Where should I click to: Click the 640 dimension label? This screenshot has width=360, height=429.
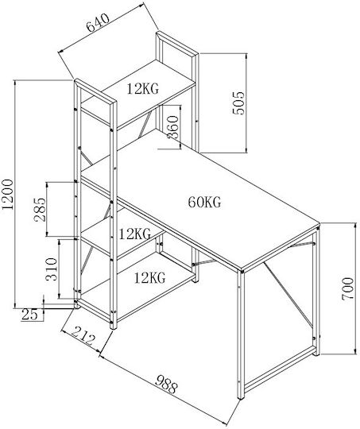[x=98, y=23]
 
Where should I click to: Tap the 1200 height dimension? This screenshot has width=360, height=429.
[x=7, y=195]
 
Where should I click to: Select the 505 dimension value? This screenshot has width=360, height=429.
[x=238, y=102]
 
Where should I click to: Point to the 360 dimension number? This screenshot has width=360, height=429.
[x=172, y=127]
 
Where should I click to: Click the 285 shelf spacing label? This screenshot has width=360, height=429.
[x=40, y=209]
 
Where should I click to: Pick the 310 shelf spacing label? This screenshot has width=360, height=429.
[x=52, y=269]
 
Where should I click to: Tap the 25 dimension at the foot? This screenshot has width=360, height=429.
[x=29, y=315]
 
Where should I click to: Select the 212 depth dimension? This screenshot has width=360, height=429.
[x=83, y=335]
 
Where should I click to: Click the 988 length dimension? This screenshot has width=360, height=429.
[x=166, y=384]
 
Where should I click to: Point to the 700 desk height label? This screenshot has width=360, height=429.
[x=347, y=288]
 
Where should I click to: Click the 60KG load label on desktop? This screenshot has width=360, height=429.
[x=204, y=203]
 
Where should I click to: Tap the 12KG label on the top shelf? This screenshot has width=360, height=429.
[x=142, y=89]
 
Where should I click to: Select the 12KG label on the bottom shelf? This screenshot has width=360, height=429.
[x=149, y=278]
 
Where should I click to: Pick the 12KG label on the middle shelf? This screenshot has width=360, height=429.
[x=134, y=234]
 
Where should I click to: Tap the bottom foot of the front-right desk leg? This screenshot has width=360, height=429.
[x=240, y=397]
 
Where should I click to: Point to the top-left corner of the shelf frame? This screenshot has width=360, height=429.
[x=75, y=79]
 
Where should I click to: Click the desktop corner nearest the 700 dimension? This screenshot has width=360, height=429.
[x=319, y=224]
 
